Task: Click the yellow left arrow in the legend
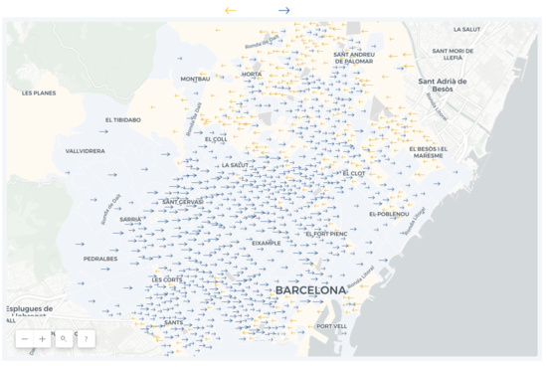tap(231, 11)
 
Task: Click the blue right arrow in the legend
tap(284, 11)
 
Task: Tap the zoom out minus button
tap(25, 339)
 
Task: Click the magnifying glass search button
tap(64, 339)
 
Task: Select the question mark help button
tap(86, 339)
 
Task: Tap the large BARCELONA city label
tap(310, 290)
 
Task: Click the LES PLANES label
tap(39, 92)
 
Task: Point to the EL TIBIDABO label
tap(122, 119)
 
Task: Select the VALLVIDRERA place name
tap(85, 151)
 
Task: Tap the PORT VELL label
tap(331, 326)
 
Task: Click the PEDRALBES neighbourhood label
tap(100, 259)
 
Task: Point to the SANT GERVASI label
tap(183, 202)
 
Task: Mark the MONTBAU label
tap(195, 79)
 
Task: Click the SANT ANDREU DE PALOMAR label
tap(353, 58)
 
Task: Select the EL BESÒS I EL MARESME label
tap(428, 152)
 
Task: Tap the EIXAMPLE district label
tap(267, 242)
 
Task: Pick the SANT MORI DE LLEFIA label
tap(453, 54)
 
